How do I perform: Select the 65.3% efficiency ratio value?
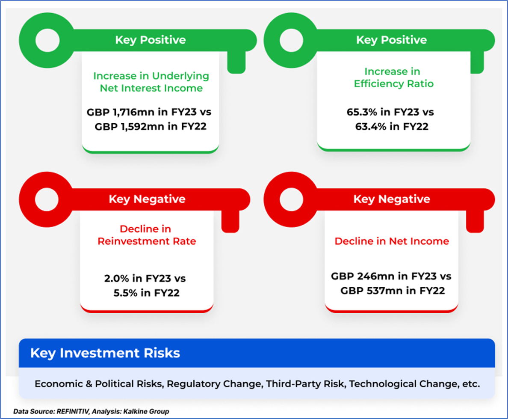click(x=362, y=112)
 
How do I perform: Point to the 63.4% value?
click(x=371, y=127)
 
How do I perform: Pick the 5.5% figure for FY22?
click(x=125, y=293)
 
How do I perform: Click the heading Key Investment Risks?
click(x=105, y=353)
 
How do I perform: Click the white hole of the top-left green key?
click(x=47, y=40)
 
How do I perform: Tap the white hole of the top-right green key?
click(x=291, y=40)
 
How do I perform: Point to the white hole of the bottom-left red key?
click(x=47, y=199)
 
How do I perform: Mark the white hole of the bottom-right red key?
click(x=291, y=199)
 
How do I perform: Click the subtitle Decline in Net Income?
click(x=392, y=241)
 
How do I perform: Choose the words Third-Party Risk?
click(x=304, y=383)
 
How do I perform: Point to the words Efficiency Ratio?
click(x=394, y=83)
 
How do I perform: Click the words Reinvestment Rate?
click(x=147, y=241)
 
